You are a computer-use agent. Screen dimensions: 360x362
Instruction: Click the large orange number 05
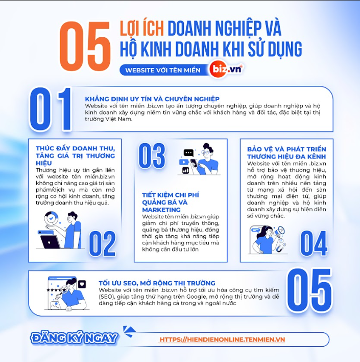pos(85,46)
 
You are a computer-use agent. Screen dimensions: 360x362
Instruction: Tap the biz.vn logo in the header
pos(227,69)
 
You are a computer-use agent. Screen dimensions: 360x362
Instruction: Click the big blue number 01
pos(51,109)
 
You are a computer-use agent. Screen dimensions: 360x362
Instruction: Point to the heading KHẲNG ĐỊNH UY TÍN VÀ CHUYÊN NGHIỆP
pos(152,99)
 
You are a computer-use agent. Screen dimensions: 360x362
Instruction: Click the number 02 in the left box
pos(103,244)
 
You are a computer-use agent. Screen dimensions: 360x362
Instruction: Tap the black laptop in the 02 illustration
pos(50,242)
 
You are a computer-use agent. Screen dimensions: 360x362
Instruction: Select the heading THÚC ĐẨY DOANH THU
pos(75,148)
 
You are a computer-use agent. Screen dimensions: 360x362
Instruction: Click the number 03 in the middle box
pos(152,155)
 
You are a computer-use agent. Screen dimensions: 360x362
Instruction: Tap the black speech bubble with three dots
pos(188,153)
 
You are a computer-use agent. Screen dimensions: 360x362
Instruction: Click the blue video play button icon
pos(184,162)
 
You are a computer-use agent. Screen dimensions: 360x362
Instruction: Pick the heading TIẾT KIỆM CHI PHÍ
pos(171,195)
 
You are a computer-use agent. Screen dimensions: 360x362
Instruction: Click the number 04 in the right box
pos(314,243)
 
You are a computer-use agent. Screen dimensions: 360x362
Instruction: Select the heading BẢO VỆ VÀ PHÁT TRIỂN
pos(286,149)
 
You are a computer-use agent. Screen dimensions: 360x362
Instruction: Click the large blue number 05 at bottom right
pos(309,290)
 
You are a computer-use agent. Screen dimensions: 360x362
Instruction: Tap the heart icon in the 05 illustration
pos(82,284)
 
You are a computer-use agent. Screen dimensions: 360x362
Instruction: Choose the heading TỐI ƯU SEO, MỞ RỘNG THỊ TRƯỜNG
pos(157,283)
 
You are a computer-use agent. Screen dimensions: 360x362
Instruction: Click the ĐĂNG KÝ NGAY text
pos(74,338)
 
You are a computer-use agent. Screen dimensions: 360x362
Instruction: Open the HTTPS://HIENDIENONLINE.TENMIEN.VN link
pos(222,340)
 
